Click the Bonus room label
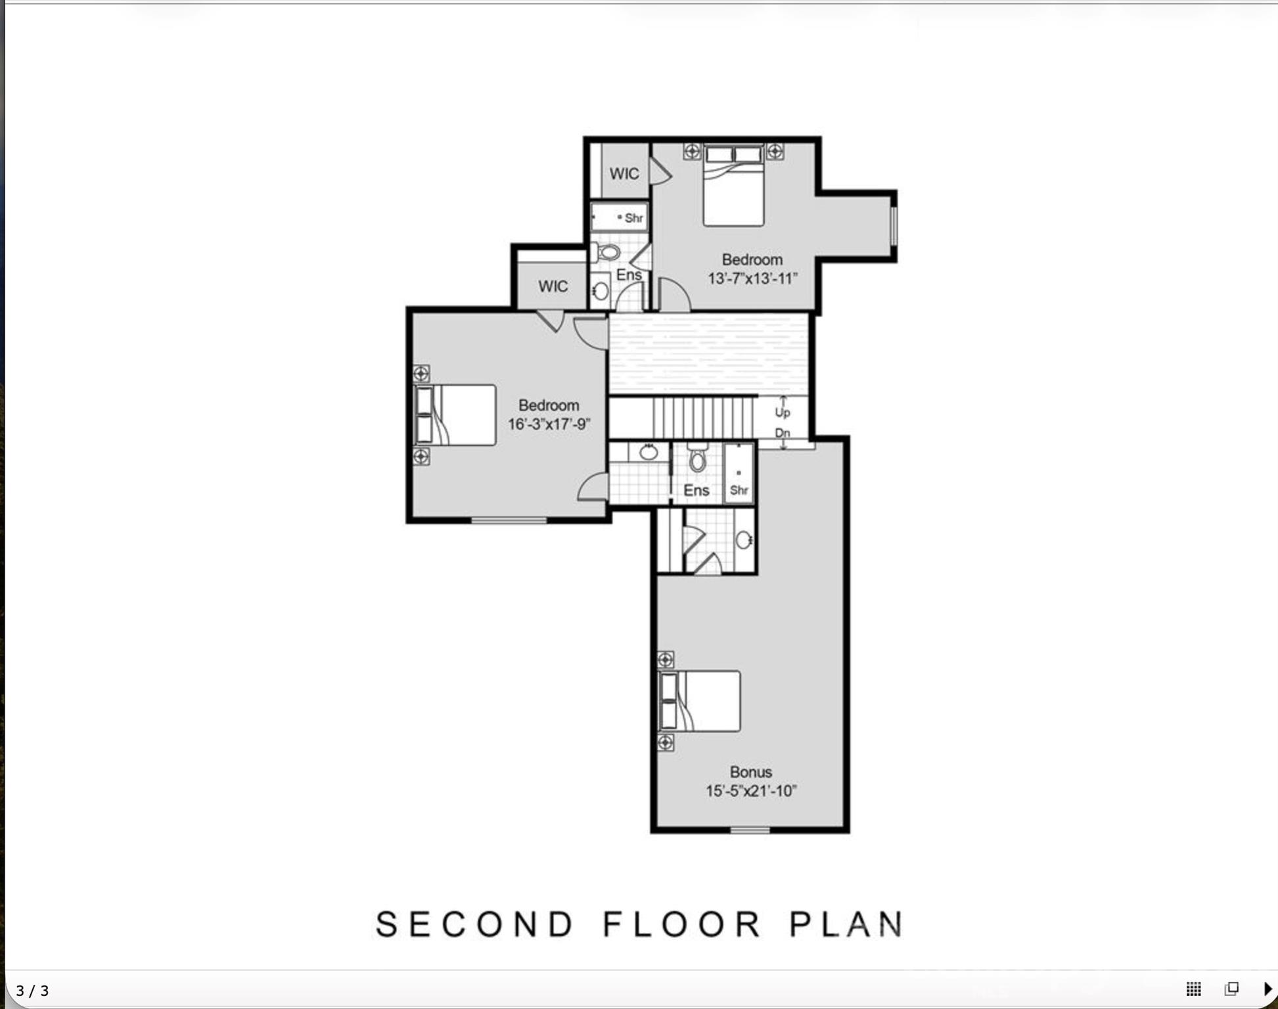[750, 772]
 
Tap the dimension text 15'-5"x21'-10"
[751, 791]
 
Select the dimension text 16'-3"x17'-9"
[549, 424]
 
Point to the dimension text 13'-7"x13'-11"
[752, 279]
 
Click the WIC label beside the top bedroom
[624, 174]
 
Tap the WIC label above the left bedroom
[553, 286]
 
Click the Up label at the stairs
[782, 413]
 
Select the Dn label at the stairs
[782, 433]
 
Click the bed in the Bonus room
[700, 701]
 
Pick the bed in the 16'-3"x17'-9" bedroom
[455, 415]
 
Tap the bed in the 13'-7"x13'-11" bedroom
[733, 186]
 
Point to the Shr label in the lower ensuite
[739, 490]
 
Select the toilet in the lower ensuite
[697, 458]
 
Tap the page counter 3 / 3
[32, 991]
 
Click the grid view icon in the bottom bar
[1193, 989]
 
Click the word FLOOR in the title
[682, 924]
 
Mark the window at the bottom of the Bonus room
[750, 830]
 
